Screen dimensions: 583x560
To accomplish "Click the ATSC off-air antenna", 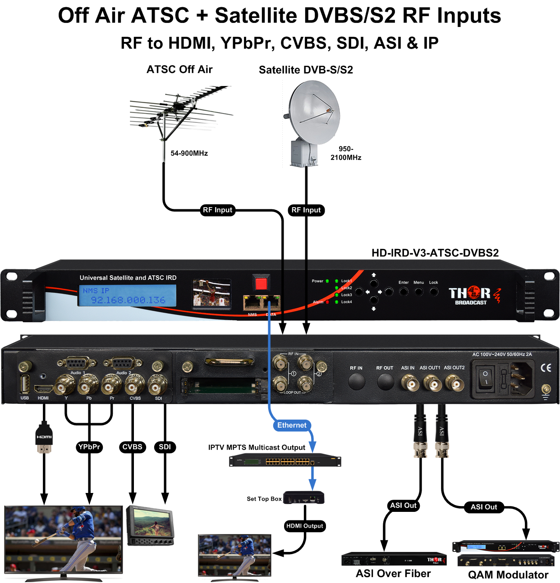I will [x=180, y=110].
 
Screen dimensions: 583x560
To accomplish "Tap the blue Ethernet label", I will [x=292, y=425].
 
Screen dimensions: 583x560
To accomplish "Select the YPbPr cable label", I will [x=89, y=447].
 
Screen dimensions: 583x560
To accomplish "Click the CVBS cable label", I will [x=132, y=447].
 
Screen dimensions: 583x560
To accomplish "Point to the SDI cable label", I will [x=165, y=447].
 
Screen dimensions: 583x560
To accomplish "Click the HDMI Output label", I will [x=305, y=526].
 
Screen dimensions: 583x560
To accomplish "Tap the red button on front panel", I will [x=261, y=283].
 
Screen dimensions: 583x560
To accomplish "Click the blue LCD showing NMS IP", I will [x=128, y=296].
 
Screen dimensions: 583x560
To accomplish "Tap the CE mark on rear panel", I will [x=546, y=368].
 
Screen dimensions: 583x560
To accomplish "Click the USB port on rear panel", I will [x=25, y=384].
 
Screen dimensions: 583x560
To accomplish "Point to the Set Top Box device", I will [x=304, y=498].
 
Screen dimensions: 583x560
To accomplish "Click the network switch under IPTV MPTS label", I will [x=285, y=461].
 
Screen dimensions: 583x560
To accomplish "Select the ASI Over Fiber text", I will [x=393, y=574].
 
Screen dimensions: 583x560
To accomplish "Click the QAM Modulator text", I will [x=508, y=575].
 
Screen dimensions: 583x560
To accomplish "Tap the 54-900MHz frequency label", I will [x=189, y=154].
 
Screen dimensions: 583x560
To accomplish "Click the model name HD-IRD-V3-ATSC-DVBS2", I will [x=435, y=253].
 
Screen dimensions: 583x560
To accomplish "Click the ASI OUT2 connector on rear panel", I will [x=454, y=384].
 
